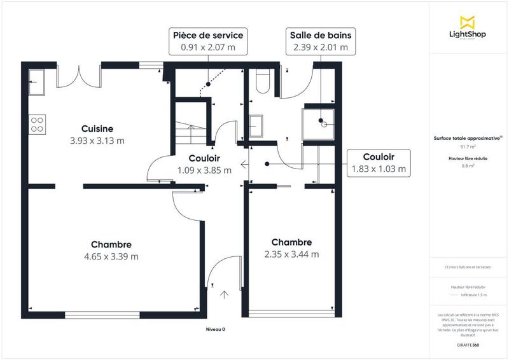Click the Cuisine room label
(97, 128)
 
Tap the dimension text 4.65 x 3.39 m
(111, 257)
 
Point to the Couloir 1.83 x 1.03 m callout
(379, 163)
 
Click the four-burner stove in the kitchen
(37, 123)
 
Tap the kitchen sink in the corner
(36, 81)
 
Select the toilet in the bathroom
(261, 81)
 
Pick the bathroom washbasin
(258, 125)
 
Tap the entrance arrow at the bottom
(225, 294)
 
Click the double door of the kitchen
(79, 76)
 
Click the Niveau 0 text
(215, 329)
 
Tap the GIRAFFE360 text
(468, 343)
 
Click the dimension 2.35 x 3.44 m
(291, 254)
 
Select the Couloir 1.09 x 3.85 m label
(205, 164)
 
